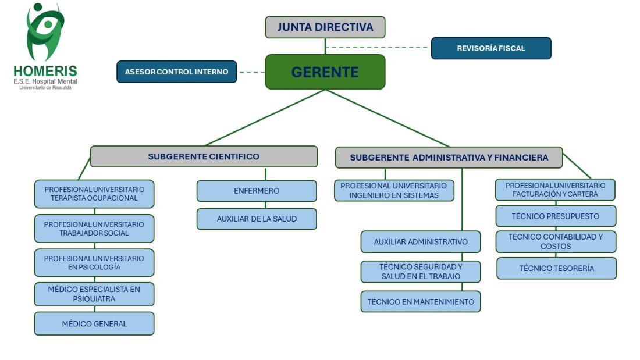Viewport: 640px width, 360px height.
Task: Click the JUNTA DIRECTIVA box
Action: [325, 27]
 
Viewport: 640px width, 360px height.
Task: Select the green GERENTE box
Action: [325, 72]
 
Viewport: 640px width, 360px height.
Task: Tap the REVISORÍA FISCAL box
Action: [490, 48]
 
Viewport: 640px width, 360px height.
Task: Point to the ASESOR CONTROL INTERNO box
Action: [177, 72]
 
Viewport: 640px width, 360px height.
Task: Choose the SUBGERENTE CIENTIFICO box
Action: [204, 156]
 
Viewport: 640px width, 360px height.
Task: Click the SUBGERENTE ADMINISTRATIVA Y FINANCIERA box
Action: [449, 158]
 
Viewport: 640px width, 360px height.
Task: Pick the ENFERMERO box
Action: [257, 191]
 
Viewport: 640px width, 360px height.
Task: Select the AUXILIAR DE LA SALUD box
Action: [257, 219]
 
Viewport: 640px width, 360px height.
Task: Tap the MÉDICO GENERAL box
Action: [94, 323]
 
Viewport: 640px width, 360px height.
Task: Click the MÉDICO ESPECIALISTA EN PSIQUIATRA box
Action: [94, 294]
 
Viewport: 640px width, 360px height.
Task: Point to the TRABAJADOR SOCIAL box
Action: [94, 229]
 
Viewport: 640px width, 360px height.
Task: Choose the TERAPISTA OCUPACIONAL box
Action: [94, 194]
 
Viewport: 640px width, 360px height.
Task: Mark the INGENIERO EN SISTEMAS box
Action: [394, 191]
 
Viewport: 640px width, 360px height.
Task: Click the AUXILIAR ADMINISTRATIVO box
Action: [421, 241]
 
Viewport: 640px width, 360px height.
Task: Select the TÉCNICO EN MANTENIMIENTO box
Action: [421, 302]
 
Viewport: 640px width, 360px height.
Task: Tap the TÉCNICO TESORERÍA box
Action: [556, 268]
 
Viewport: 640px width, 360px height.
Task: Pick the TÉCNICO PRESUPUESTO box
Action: [556, 216]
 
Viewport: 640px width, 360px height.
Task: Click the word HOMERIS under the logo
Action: [45, 71]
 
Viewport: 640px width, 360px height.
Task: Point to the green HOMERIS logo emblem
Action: [45, 32]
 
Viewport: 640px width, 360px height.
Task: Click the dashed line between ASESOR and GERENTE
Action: [251, 72]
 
